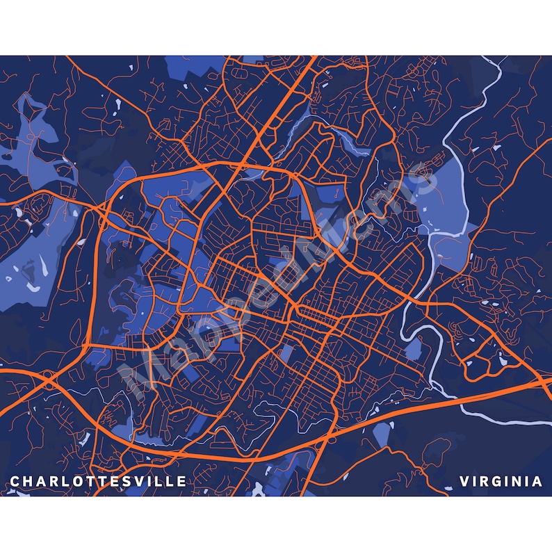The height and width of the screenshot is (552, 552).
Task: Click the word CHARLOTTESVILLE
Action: [98, 481]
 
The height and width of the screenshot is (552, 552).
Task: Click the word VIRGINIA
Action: [501, 481]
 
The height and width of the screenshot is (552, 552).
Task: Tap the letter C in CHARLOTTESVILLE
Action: [15, 481]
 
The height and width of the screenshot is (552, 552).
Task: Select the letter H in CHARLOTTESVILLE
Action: [28, 481]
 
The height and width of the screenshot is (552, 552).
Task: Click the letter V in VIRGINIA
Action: [464, 481]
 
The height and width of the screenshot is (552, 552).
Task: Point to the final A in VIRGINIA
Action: [537, 481]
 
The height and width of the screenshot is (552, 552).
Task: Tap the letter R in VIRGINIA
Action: [485, 481]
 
